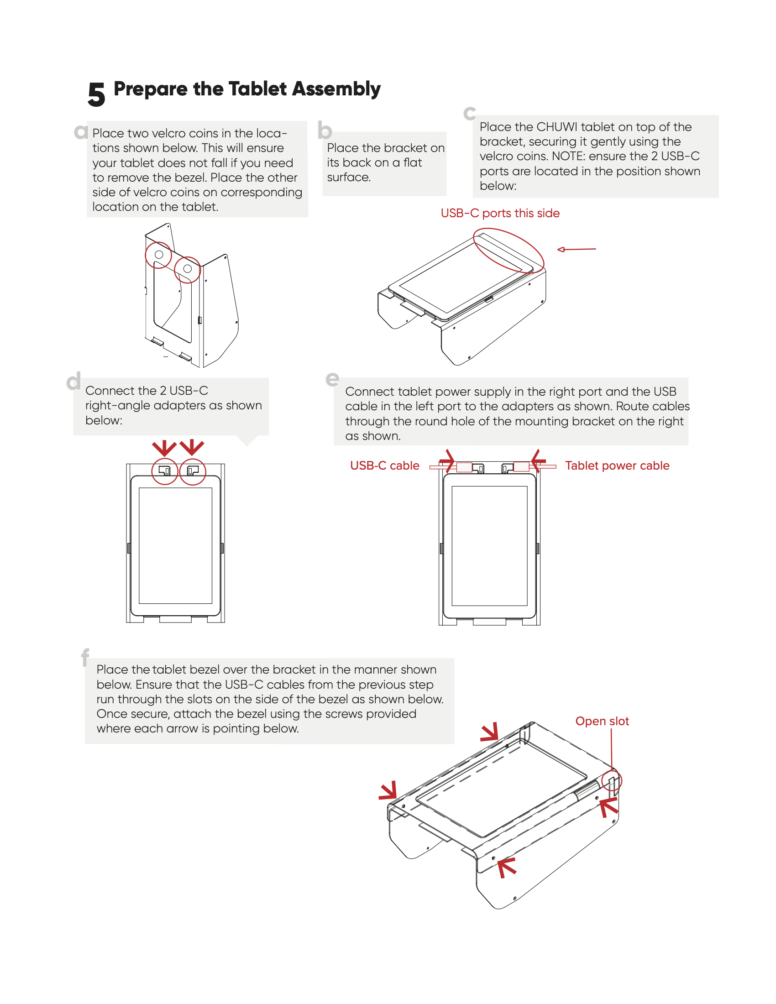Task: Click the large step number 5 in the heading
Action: tap(96, 94)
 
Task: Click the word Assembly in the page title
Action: tap(336, 89)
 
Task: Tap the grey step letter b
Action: tap(325, 131)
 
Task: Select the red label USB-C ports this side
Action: tap(500, 213)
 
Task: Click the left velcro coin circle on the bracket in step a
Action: tap(158, 255)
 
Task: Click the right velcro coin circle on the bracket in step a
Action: tap(188, 269)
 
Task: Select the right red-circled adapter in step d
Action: tap(193, 471)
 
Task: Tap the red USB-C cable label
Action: tap(384, 465)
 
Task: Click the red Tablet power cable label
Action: tap(617, 465)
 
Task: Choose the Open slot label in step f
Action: tap(602, 721)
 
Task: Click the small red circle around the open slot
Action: tap(611, 780)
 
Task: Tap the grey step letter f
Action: tap(85, 657)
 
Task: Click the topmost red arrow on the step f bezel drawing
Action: tap(490, 732)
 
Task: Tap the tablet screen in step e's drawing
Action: tap(489, 546)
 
